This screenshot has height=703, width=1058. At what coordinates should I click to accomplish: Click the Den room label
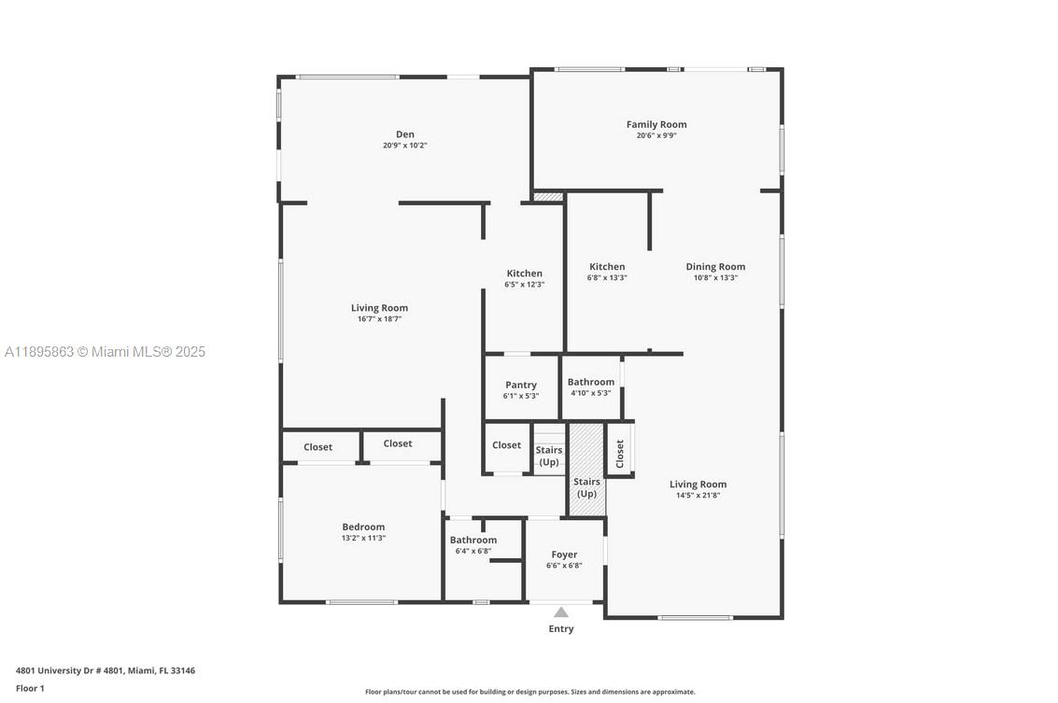click(404, 134)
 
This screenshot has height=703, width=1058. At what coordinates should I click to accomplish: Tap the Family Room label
click(656, 124)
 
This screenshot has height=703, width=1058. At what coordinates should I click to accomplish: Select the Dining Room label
click(715, 267)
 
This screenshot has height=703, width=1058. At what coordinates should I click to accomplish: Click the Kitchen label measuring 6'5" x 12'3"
click(524, 274)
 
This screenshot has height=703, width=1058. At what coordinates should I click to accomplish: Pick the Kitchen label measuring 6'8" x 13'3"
click(606, 267)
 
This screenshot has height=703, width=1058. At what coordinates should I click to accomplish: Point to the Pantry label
click(521, 385)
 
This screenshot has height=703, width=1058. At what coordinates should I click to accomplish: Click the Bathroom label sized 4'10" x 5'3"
click(591, 382)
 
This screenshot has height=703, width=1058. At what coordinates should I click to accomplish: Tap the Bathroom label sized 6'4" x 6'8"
click(473, 540)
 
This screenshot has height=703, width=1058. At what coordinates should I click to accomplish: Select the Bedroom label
click(363, 527)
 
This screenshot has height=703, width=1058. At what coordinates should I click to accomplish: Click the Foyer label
click(564, 555)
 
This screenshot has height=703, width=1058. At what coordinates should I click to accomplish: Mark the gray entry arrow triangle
click(561, 612)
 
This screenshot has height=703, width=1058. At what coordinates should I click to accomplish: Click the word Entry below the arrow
click(561, 628)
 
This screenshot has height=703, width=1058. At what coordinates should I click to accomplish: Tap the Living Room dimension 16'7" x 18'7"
click(379, 319)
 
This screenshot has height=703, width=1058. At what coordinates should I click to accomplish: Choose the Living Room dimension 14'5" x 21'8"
click(698, 496)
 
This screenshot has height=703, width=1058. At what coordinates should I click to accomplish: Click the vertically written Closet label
click(619, 454)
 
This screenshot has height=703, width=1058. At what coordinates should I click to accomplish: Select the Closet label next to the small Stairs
click(506, 445)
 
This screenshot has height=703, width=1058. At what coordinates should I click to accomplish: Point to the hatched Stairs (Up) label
click(586, 487)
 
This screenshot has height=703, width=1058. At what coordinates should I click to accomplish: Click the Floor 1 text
click(30, 688)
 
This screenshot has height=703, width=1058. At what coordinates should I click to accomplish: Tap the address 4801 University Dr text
click(106, 670)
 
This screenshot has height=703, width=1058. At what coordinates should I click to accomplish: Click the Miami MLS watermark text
click(105, 352)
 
